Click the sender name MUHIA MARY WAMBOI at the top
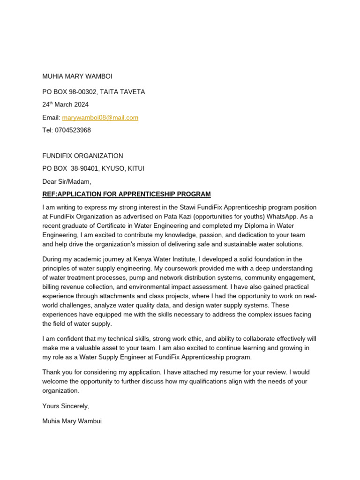[77, 76]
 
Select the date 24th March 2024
[65, 105]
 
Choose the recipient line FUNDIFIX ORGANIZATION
[82, 156]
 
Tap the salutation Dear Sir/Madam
[67, 181]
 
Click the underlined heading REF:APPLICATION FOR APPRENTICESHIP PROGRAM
[126, 194]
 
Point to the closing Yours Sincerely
[65, 406]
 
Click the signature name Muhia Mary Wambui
[72, 421]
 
